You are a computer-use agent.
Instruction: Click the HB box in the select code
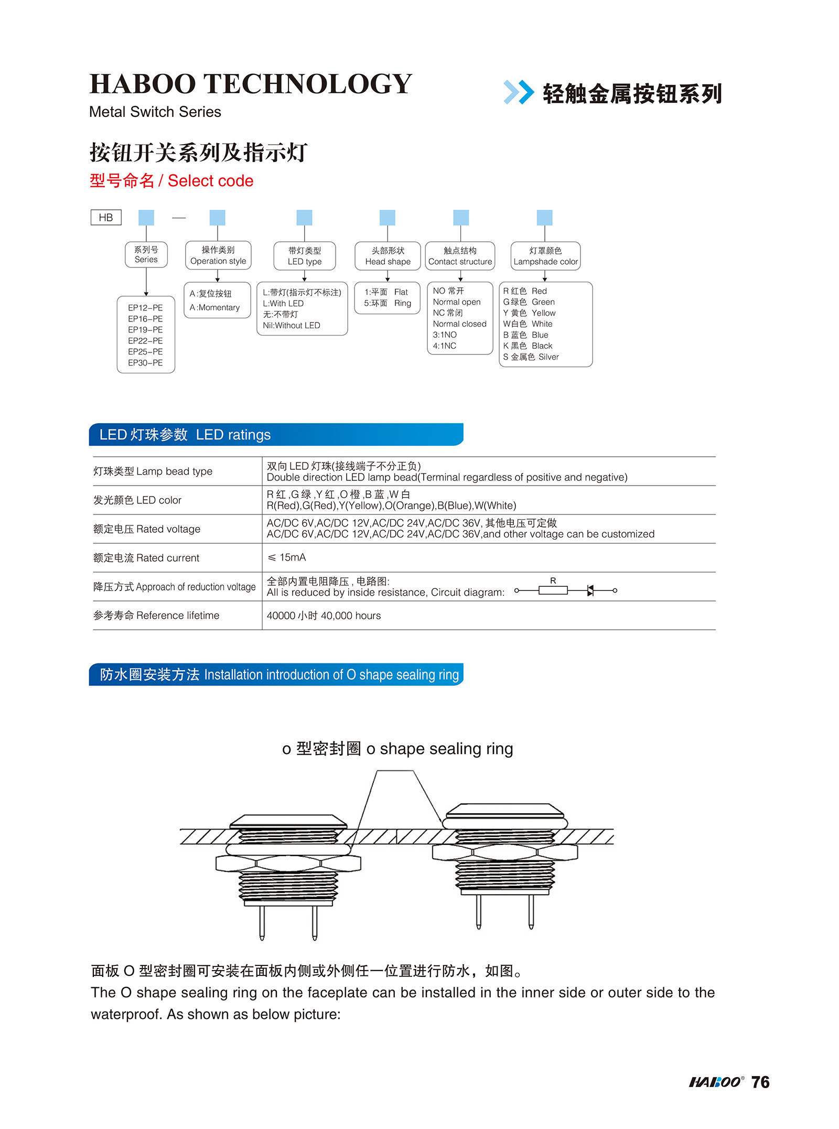click(106, 217)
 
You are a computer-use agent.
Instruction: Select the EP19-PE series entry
click(145, 330)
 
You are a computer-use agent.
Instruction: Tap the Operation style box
click(218, 255)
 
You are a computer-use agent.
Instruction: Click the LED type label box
click(304, 256)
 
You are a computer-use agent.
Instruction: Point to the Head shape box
click(388, 256)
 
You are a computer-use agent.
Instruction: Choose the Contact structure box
click(460, 256)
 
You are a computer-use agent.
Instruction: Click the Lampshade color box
click(545, 256)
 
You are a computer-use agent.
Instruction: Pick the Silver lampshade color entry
click(531, 357)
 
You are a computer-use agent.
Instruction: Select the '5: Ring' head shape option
click(388, 303)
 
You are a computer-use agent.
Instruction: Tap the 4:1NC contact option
click(445, 346)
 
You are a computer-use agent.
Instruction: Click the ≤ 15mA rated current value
click(287, 557)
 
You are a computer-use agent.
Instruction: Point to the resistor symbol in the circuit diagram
click(553, 590)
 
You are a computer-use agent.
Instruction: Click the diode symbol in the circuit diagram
click(590, 590)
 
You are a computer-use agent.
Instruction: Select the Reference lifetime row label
click(156, 616)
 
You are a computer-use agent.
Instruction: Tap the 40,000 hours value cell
click(324, 616)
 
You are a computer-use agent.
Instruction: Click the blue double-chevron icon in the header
click(518, 92)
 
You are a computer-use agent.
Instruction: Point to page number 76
click(760, 1082)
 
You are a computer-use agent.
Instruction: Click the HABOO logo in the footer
click(716, 1082)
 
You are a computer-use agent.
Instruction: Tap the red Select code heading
click(171, 181)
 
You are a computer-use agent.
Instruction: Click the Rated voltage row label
click(147, 529)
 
